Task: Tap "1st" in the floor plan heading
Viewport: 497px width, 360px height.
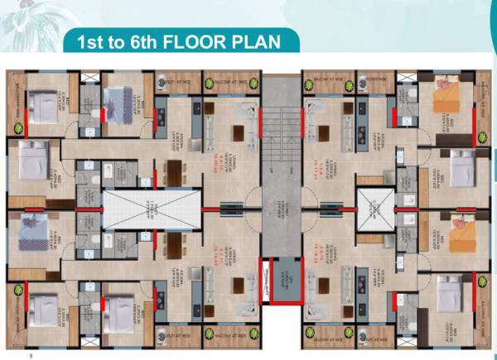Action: pos(94,42)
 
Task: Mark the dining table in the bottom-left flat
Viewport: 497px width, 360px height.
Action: pos(244,286)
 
